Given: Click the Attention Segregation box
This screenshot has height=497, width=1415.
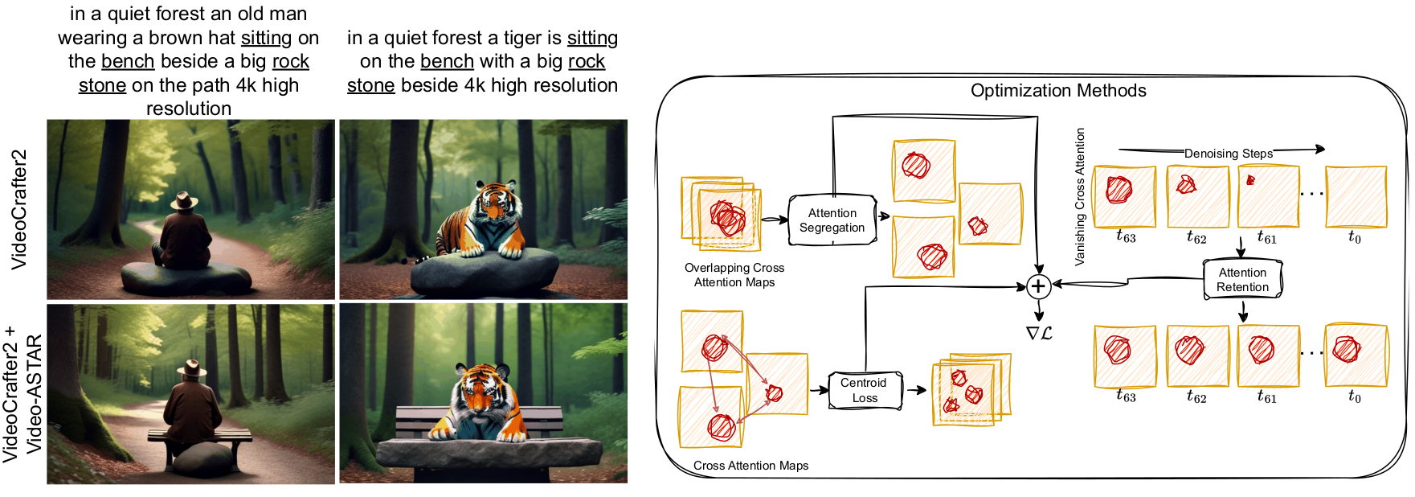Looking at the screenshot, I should (832, 220).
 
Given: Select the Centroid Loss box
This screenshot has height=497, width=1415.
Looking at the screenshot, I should (865, 390).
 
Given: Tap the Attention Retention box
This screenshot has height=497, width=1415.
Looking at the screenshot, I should (1242, 280).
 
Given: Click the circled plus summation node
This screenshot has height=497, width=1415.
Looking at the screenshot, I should (1038, 285).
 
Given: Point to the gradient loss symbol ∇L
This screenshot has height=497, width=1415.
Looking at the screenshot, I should (1039, 333).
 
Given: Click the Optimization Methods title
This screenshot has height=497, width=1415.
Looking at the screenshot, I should (1058, 90).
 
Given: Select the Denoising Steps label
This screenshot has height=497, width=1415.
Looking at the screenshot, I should (1228, 153).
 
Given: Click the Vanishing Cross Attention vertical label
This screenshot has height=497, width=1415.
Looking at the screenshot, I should (1080, 196).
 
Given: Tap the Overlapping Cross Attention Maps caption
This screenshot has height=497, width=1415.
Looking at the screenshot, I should (734, 274).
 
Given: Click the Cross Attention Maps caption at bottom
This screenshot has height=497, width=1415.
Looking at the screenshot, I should (750, 466).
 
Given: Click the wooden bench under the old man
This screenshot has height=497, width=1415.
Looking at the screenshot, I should (199, 436).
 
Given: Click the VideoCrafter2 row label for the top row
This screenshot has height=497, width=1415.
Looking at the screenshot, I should (19, 209).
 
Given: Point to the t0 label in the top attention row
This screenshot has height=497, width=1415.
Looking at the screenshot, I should (1355, 237).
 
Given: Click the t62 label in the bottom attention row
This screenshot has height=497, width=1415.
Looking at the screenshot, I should (1196, 396).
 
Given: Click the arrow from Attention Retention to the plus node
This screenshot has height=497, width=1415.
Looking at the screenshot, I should (1125, 282).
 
